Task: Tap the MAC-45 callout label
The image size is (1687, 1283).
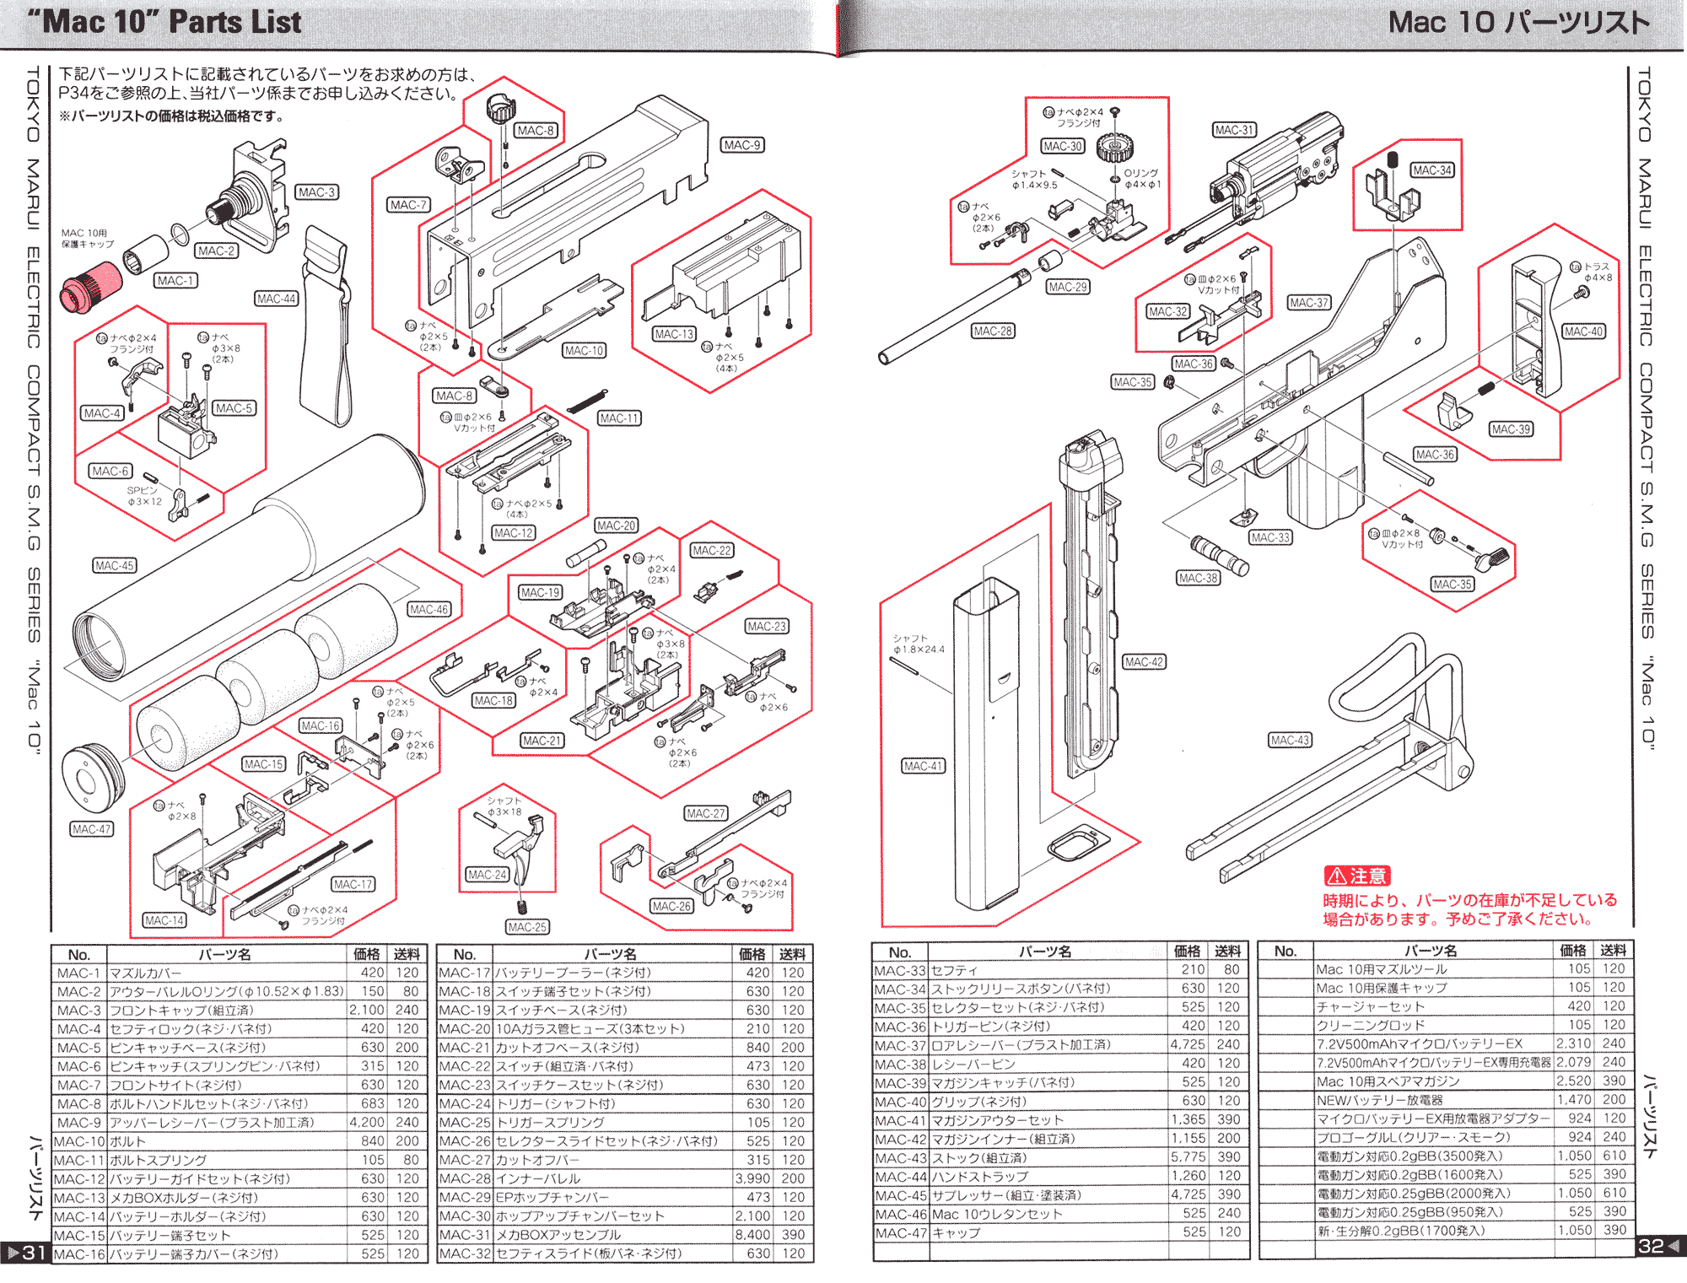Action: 114,565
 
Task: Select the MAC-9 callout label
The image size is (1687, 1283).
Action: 742,145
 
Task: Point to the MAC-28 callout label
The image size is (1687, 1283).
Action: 992,332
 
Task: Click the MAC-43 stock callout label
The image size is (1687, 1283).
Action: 1290,741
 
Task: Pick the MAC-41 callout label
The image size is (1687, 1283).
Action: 924,766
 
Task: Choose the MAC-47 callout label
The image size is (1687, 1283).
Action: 91,829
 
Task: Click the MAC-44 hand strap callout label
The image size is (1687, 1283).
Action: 277,299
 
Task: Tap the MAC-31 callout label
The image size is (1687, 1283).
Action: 1234,130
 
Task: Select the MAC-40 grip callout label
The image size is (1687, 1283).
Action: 1583,332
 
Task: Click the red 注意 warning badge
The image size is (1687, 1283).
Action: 1356,876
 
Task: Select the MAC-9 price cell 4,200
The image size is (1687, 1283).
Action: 367,1123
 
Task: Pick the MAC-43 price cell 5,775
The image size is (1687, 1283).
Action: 1188,1157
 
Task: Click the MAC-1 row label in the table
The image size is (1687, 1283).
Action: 78,973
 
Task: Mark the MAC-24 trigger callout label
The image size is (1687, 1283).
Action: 488,875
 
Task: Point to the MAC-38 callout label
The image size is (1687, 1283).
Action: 1199,578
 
